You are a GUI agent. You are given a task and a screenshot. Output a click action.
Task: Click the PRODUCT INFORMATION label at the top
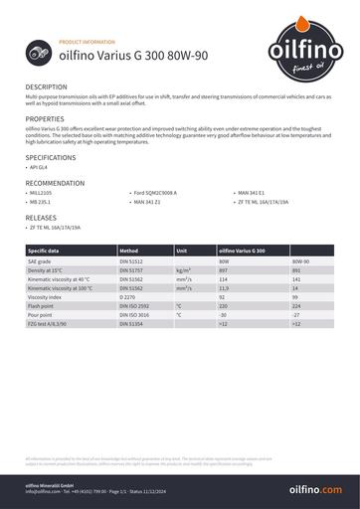pos(88,44)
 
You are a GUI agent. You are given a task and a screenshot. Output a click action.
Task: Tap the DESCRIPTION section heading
pos(47,87)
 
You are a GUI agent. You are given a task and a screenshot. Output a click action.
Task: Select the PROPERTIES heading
pos(45,118)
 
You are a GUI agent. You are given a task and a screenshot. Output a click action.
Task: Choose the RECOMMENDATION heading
pos(56,184)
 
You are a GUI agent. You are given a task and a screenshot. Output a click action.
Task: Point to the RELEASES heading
pos(41,216)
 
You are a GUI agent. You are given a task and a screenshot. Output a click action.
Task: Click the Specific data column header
pos(44,251)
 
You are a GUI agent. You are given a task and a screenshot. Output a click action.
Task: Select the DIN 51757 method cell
pos(131,269)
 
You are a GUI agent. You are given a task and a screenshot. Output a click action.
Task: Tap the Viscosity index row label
pos(46,296)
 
